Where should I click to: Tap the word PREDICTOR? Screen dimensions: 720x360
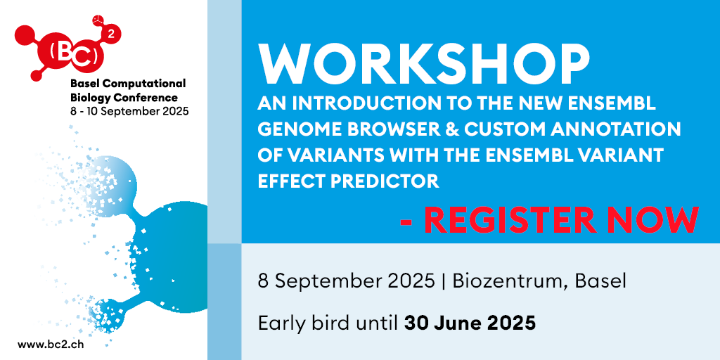click(387, 181)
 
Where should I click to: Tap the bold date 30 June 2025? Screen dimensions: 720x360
click(470, 323)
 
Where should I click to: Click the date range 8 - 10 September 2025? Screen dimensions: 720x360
click(129, 111)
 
